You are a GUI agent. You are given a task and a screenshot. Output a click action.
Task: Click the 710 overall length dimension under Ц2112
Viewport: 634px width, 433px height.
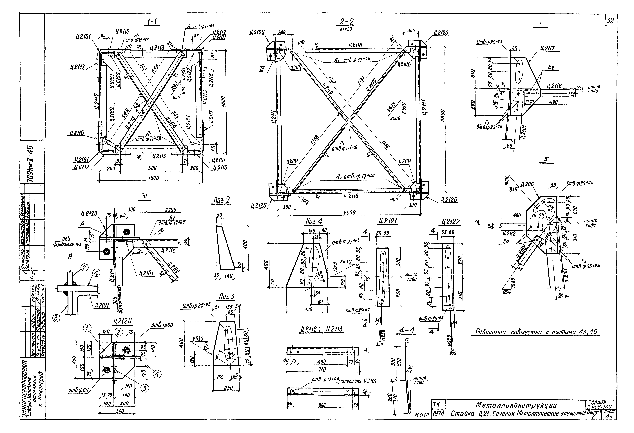click(323, 369)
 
